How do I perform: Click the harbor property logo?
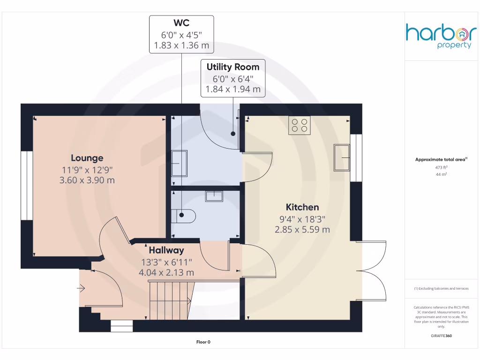pos(441,36)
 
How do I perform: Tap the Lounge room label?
pos(87,158)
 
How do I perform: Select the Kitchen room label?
pos(302,207)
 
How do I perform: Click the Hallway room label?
pos(166,250)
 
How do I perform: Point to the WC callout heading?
pos(181,23)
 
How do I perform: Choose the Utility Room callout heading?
pos(233,67)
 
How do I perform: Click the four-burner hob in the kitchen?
pos(300,125)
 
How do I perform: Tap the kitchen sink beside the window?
pos(342,157)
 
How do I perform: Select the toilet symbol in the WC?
pos(185,216)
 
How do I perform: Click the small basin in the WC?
pos(215,196)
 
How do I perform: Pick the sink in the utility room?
pos(179,163)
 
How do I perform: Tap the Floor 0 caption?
pos(203,342)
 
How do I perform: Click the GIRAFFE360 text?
pos(441,336)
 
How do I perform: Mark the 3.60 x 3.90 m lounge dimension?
pos(87,180)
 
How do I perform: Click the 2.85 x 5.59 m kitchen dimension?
pos(302,229)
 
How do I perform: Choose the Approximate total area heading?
pos(441,160)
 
